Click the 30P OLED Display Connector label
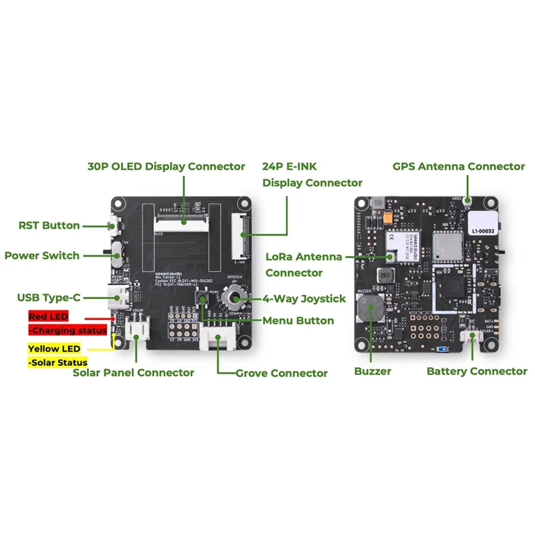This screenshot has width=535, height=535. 167,166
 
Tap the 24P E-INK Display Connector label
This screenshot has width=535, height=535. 312,174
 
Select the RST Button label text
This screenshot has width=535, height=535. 49,225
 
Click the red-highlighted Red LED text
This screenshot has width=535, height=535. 48,316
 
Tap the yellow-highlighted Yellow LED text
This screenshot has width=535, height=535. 53,348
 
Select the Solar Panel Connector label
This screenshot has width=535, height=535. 133,372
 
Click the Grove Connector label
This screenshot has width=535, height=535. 282,372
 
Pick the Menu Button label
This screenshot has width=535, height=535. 298,320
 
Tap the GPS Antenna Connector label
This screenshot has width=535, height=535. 459,166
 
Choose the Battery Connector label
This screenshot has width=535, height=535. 477,371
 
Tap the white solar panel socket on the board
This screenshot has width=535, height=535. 138,329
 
